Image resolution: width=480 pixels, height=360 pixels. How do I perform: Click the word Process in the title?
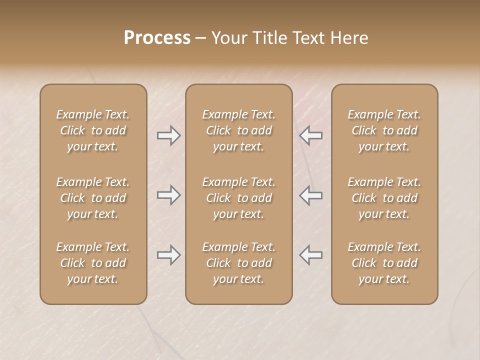[157, 37]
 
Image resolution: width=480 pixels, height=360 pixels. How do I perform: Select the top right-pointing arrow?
[168, 135]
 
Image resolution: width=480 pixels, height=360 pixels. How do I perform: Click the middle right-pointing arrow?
[168, 195]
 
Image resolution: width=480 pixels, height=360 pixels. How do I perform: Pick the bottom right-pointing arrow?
[168, 255]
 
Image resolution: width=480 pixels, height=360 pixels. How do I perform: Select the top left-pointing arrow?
[310, 135]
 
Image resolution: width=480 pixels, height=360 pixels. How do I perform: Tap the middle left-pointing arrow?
[310, 195]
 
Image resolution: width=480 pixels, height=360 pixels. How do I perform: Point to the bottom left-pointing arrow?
[310, 255]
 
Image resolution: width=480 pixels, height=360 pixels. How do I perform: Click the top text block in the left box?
[93, 130]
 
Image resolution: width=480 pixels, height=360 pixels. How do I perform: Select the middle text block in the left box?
[93, 198]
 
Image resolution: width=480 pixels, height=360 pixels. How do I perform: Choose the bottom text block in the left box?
[93, 263]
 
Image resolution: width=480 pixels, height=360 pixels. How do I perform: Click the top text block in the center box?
[239, 130]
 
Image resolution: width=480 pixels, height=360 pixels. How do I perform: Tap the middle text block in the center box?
[239, 198]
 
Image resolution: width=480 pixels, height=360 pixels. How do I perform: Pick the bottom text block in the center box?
[239, 263]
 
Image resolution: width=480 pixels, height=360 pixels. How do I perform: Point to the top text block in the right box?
[384, 130]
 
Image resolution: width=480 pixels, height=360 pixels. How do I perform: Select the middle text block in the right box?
[384, 198]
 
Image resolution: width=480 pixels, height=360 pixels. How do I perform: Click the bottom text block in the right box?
[384, 263]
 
